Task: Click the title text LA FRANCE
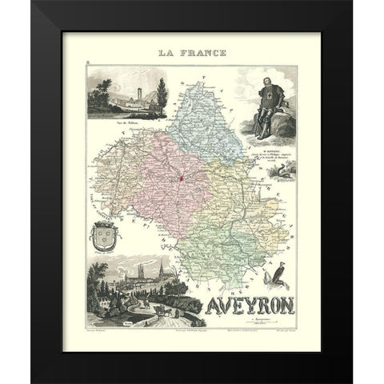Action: coord(191,54)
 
